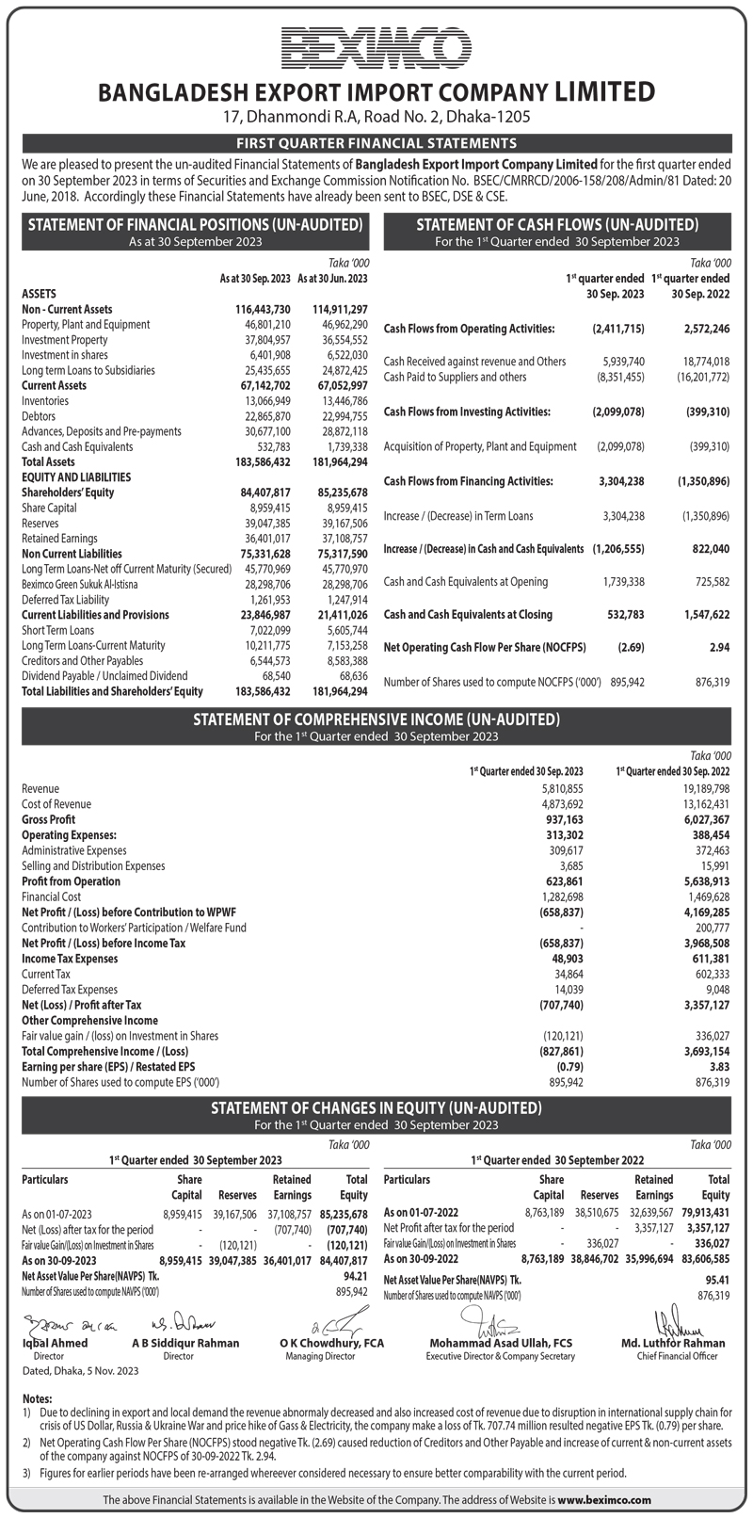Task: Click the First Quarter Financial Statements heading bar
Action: pos(376,143)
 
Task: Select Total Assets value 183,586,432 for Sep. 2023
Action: pos(263,462)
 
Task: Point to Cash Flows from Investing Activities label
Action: pos(468,412)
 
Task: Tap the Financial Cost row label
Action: pos(52,896)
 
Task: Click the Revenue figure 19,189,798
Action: pos(702,788)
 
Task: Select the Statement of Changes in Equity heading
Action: pos(376,1107)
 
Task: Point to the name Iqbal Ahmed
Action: pos(55,1343)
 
